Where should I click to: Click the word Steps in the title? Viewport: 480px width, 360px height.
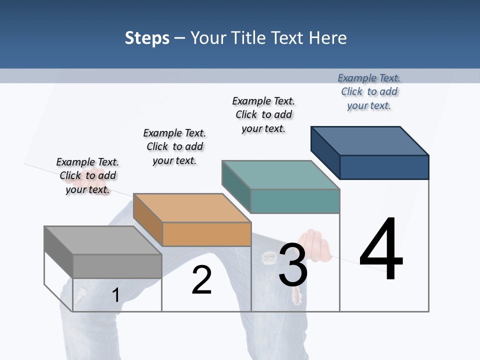(147, 38)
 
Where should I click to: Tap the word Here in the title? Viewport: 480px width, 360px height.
(328, 38)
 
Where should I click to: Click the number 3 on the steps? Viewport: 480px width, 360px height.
(293, 265)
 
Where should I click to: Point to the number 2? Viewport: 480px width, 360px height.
(201, 280)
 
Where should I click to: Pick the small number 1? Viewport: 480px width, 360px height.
(115, 295)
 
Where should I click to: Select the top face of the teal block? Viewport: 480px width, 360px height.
(280, 175)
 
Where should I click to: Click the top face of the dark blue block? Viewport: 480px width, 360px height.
(369, 141)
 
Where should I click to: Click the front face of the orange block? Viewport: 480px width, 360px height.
(206, 234)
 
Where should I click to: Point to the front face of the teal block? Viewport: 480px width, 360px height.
(295, 201)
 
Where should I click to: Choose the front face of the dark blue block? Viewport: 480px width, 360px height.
(384, 167)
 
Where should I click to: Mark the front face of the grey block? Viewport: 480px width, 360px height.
(117, 266)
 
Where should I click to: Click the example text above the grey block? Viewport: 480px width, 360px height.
(87, 175)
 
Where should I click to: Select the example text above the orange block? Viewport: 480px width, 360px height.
(174, 146)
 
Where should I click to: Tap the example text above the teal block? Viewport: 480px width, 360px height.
(263, 114)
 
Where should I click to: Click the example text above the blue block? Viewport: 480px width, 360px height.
(369, 91)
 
